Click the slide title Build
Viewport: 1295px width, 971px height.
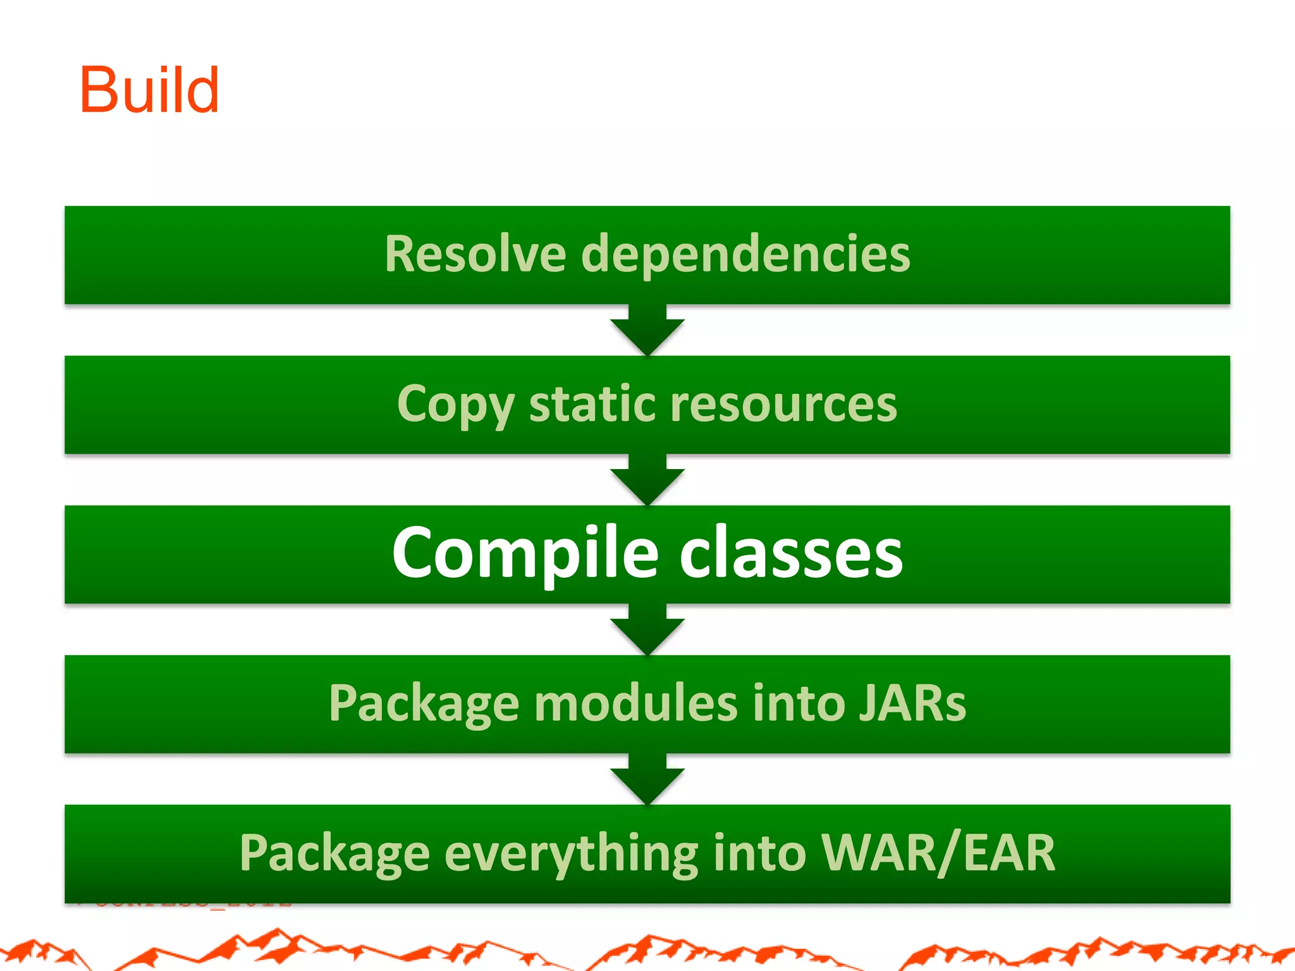[149, 90]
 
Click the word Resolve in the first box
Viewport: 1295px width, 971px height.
[475, 254]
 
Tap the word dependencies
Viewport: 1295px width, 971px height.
[746, 254]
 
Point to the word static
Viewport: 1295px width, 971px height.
[592, 405]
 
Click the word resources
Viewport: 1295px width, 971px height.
[783, 405]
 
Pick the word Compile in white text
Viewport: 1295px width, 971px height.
[525, 553]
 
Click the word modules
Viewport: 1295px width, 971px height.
[635, 704]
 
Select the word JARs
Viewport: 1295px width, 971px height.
[912, 704]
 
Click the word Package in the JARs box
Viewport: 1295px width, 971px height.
[424, 704]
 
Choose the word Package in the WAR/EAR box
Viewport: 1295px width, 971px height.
[334, 853]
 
